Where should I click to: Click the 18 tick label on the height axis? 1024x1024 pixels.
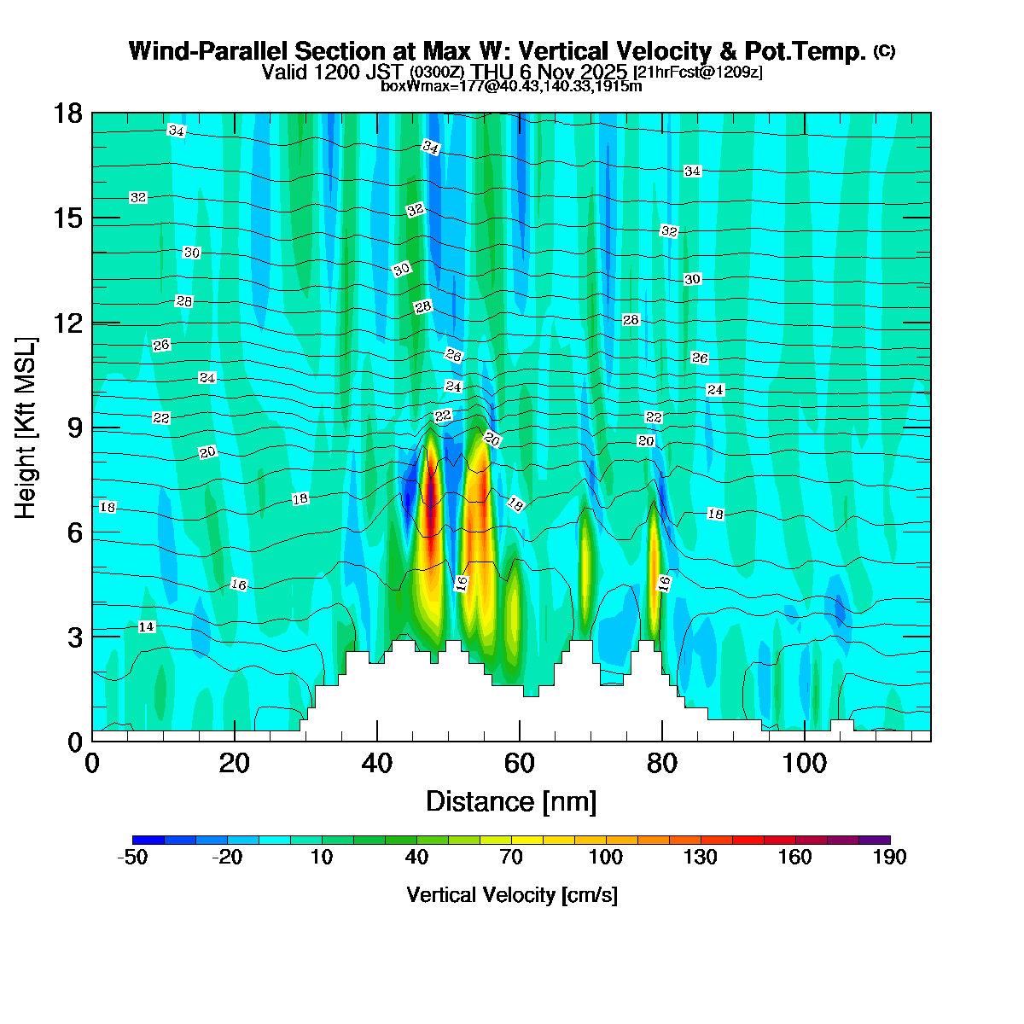coord(68,113)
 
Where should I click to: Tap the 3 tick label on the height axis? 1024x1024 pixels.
coord(74,637)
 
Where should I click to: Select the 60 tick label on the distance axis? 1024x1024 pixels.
coord(519,762)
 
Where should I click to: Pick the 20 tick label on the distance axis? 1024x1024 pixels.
coord(234,762)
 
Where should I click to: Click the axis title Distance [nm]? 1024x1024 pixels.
coord(510,801)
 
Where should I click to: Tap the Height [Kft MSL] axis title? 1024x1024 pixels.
coord(26,428)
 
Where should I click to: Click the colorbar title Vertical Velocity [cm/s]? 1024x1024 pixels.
coord(512,894)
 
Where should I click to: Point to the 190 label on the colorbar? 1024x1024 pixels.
coord(889,858)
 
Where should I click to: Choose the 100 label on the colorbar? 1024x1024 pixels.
coord(605,858)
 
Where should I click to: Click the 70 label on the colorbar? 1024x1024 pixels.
coord(510,858)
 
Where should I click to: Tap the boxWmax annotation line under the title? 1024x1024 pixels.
coord(511,85)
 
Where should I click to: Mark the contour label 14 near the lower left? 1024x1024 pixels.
coord(147,626)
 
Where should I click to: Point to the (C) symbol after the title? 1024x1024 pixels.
coord(884,51)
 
